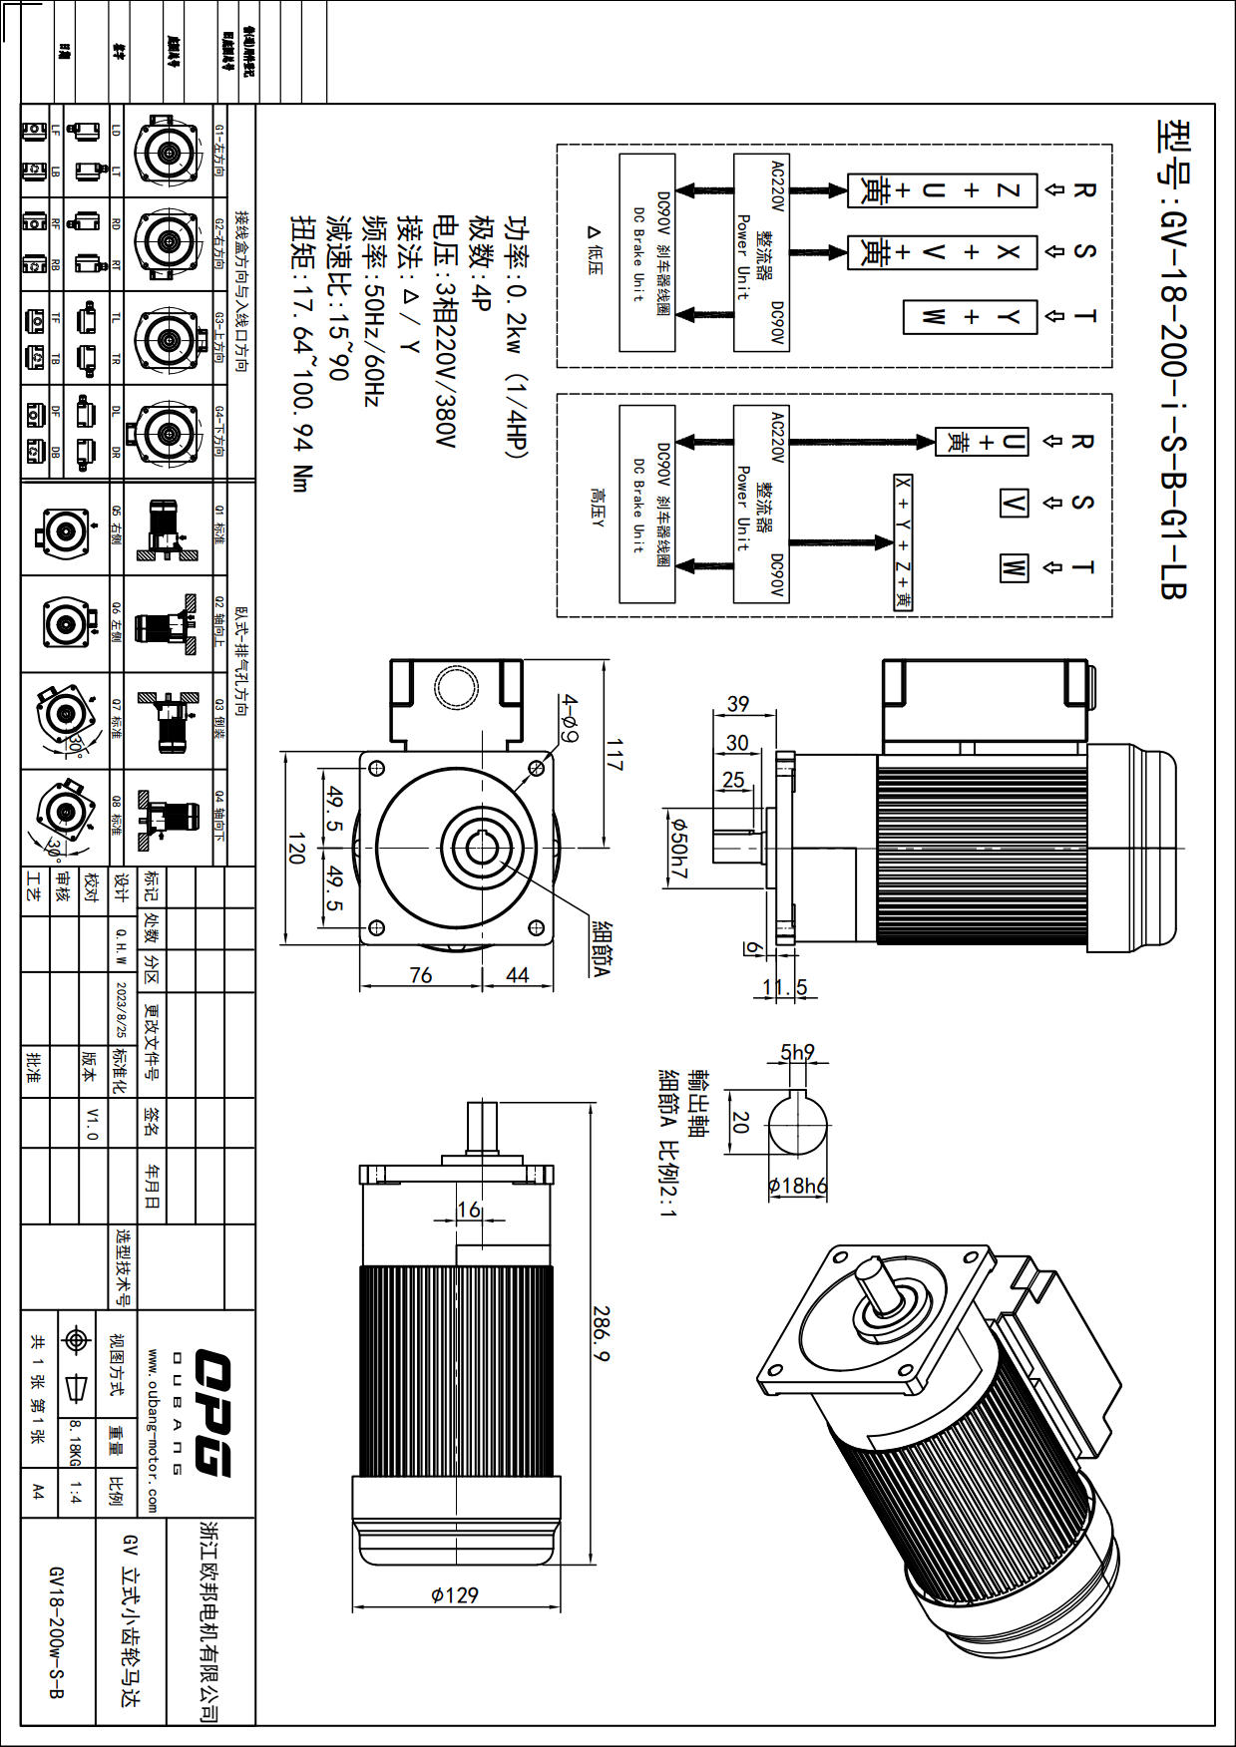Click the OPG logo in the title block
click(211, 1412)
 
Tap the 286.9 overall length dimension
click(602, 1334)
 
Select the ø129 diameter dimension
click(454, 1595)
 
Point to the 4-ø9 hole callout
click(568, 719)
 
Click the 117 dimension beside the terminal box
click(614, 755)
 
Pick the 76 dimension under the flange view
click(421, 975)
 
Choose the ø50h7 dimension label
click(679, 849)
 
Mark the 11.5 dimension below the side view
click(784, 988)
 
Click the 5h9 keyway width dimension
click(797, 1052)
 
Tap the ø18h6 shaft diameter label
click(797, 1186)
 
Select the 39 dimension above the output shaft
click(738, 704)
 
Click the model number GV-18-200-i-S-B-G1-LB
click(1173, 359)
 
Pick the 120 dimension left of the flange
click(296, 849)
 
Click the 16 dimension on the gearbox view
click(469, 1210)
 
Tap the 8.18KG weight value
click(75, 1444)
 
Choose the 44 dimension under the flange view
click(517, 975)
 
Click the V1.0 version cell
click(92, 1124)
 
